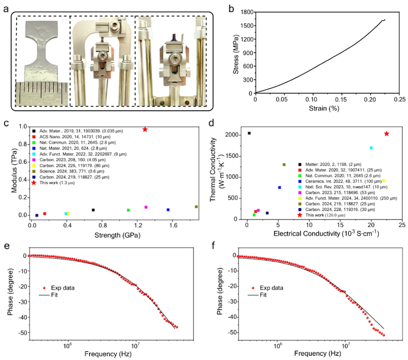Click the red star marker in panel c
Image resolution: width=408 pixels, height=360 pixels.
tap(145, 129)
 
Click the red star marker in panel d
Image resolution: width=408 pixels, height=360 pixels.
tap(386, 134)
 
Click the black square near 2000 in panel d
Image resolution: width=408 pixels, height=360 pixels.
tap(249, 133)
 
